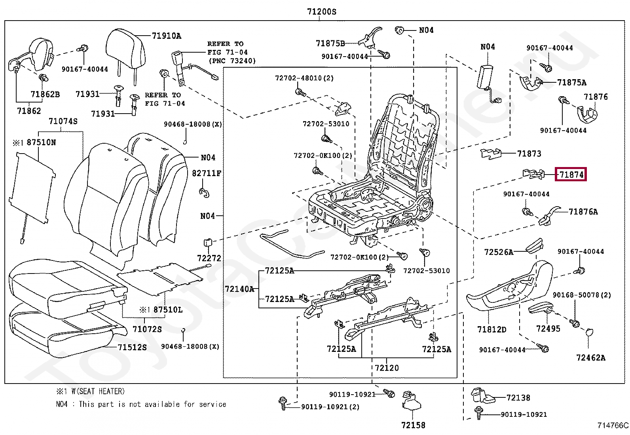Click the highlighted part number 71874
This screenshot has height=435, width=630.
pyautogui.click(x=571, y=174)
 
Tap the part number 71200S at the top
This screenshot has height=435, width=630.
pyautogui.click(x=321, y=12)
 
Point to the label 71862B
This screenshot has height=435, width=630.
pyautogui.click(x=45, y=94)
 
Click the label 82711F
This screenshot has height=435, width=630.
pyautogui.click(x=207, y=173)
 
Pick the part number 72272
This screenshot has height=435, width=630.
pyautogui.click(x=209, y=258)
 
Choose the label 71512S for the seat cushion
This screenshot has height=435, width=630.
pyautogui.click(x=132, y=347)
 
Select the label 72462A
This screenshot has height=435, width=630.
pyautogui.click(x=590, y=358)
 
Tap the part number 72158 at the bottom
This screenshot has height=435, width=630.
pyautogui.click(x=413, y=425)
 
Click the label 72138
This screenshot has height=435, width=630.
pyautogui.click(x=518, y=398)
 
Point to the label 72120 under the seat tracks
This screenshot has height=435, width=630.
pyautogui.click(x=387, y=368)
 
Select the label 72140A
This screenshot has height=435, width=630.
pyautogui.click(x=239, y=289)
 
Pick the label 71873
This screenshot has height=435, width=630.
pyautogui.click(x=529, y=154)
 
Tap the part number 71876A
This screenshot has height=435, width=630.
pyautogui.click(x=583, y=212)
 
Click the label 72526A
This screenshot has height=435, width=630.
pyautogui.click(x=499, y=252)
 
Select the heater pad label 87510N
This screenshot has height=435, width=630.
pyautogui.click(x=41, y=142)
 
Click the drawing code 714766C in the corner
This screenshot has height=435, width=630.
pyautogui.click(x=613, y=426)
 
